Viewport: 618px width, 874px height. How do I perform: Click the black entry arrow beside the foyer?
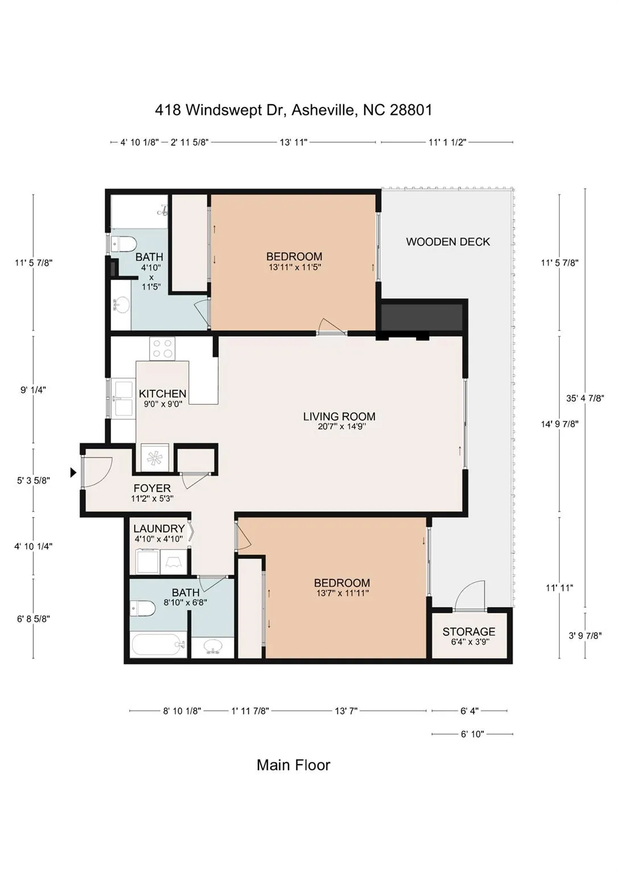coord(73,472)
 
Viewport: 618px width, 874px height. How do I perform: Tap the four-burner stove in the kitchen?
coord(162,348)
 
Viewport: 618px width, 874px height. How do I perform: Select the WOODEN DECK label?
coord(448,241)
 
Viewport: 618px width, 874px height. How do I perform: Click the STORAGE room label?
coord(468,631)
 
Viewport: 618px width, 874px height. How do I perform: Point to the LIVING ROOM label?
coord(339,417)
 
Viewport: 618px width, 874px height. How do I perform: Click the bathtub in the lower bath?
coord(158,645)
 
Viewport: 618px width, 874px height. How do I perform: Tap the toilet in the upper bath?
coord(123,245)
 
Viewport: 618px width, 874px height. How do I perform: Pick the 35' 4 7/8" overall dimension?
coord(585,398)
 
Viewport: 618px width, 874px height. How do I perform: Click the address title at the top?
coord(294,110)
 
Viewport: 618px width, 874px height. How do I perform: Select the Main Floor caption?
coord(294,765)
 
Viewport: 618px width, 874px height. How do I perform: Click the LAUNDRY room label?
coord(159,528)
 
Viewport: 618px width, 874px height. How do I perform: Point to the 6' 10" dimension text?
coord(472,734)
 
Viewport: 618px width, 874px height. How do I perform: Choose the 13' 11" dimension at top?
coord(294,142)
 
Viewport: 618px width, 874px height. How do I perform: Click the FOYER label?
coord(152,488)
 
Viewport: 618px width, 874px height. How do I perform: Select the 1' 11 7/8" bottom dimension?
coord(250,711)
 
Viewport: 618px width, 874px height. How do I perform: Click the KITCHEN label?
coord(163,394)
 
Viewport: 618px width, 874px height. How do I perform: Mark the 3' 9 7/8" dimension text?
coord(585,636)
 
